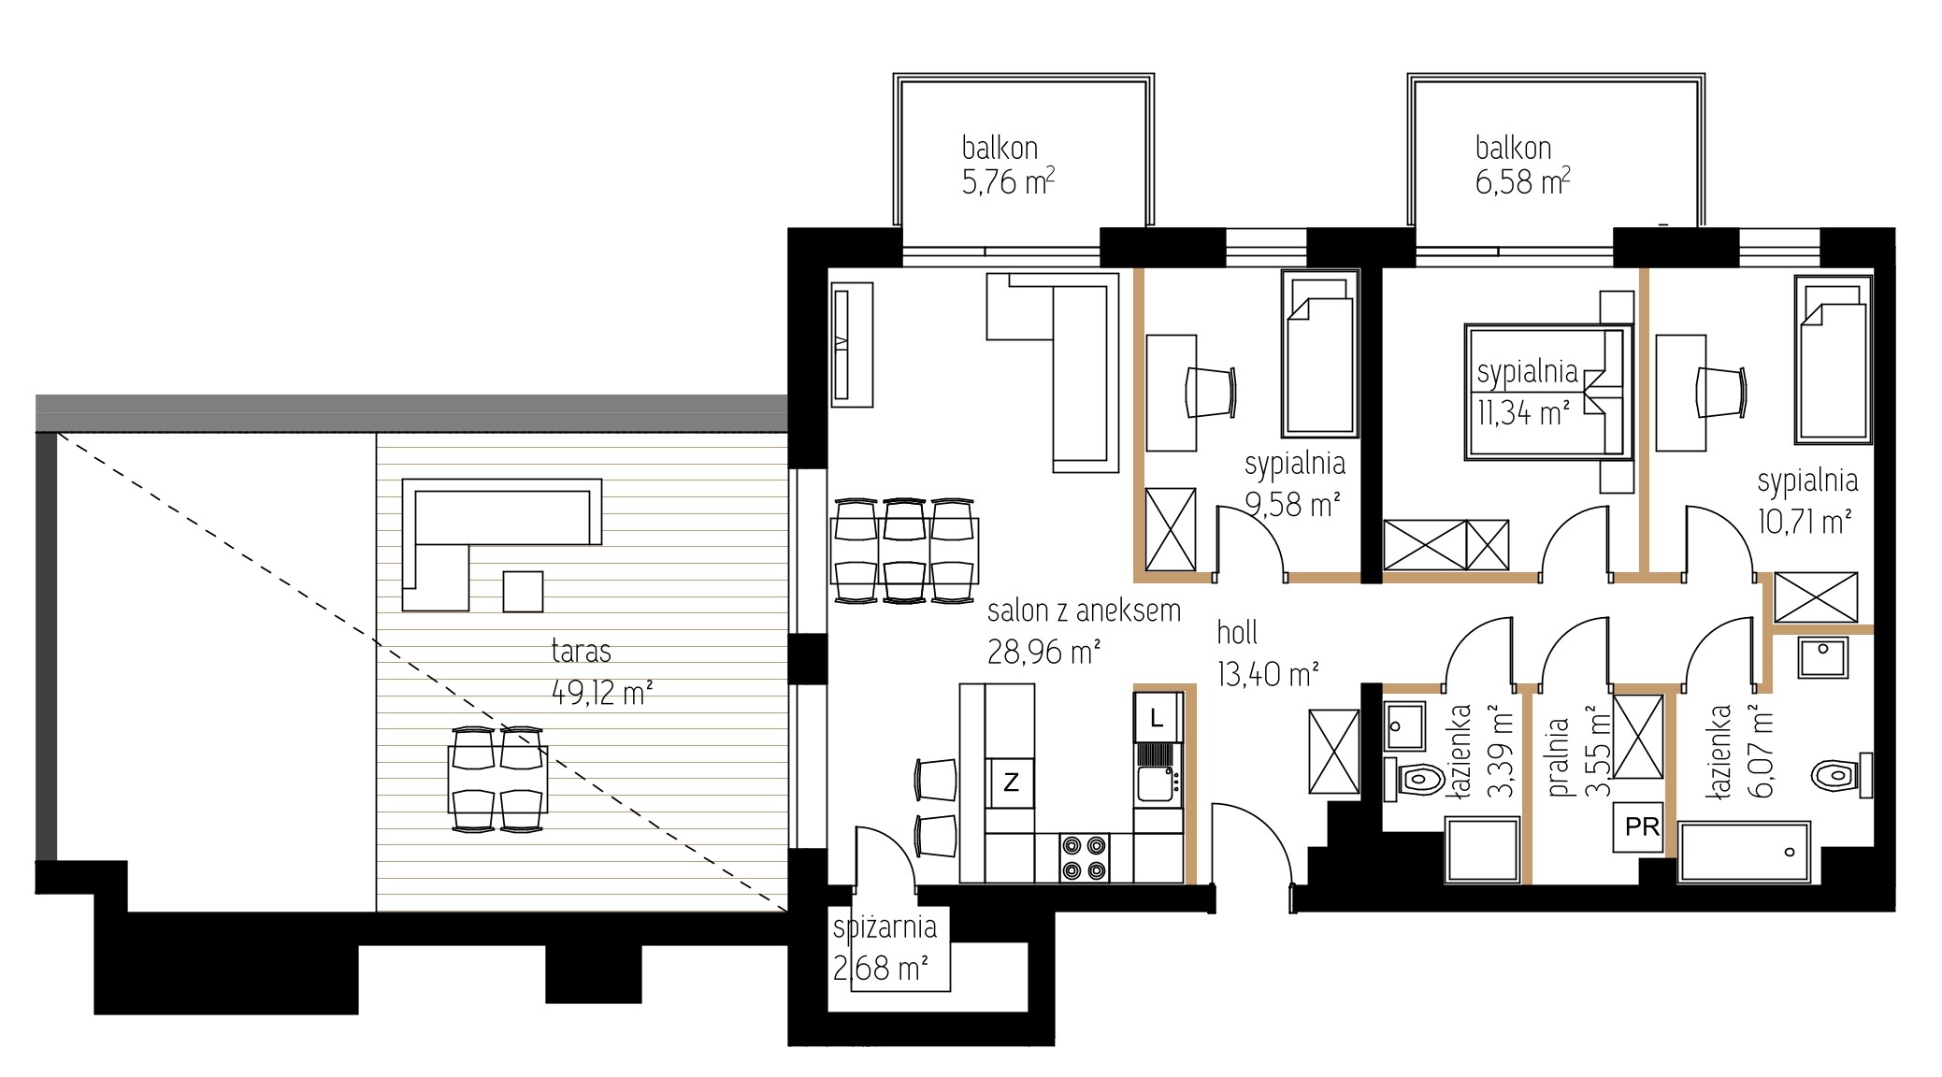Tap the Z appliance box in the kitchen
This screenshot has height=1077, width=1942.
pos(1011,782)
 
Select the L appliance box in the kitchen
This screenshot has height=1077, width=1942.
pos(1157,719)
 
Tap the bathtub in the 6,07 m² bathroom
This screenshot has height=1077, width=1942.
pos(1745,852)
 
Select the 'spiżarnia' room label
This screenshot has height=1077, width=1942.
pos(885,927)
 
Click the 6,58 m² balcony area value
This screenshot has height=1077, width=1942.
pos(1522,181)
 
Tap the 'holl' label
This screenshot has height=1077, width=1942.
pos(1237,633)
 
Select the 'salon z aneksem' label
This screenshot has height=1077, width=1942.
pos(1084,611)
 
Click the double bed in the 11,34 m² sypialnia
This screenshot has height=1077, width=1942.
pos(1547,392)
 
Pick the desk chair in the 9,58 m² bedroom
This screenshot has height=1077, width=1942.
pos(1214,392)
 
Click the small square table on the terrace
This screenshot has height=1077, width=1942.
pos(523,591)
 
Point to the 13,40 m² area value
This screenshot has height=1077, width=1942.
pos(1268,673)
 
